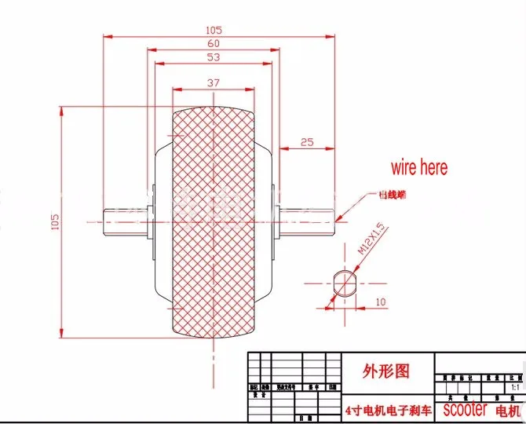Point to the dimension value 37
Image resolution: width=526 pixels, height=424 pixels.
coord(213,82)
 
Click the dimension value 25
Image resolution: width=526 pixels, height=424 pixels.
coord(306,142)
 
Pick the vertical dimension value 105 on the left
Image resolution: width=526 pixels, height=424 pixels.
coord(56,223)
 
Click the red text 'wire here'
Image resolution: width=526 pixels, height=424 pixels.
coord(419,167)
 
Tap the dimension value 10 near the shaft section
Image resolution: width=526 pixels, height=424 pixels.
coord(380,302)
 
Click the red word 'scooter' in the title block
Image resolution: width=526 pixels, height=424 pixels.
coord(464,410)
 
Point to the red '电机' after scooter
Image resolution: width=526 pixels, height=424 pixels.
coord(506,411)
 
